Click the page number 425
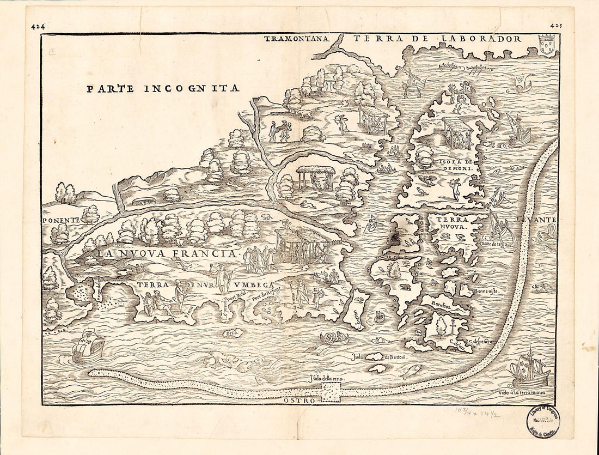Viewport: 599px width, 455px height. coord(556,25)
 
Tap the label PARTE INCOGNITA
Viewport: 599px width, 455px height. coord(163,88)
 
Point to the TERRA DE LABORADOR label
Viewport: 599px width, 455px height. coord(437,39)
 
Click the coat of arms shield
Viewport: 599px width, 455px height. coord(546,44)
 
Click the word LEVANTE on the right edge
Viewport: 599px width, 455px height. coord(540,219)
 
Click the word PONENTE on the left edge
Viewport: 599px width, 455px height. coord(62,219)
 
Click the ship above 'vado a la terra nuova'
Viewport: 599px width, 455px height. coord(530,369)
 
